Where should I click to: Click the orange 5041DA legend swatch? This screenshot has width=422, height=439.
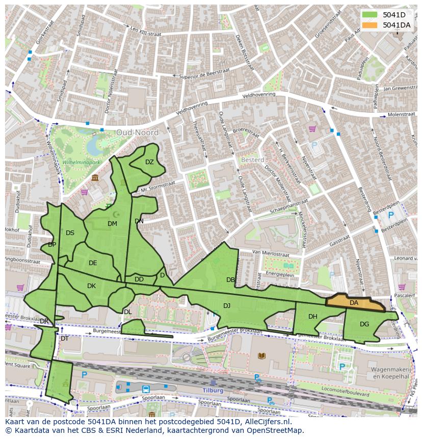click(371, 25)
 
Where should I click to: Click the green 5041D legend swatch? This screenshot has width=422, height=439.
click(371, 15)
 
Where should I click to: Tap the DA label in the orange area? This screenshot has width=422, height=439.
click(354, 302)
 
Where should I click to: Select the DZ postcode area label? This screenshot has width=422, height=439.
click(149, 162)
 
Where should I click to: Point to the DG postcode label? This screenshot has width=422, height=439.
click(364, 324)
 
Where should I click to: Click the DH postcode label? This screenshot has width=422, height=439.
click(313, 316)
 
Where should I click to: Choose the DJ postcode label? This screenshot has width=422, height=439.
click(227, 305)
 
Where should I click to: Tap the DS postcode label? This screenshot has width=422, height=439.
click(70, 233)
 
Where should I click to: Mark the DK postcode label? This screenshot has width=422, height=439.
click(91, 286)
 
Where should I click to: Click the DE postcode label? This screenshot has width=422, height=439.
click(93, 263)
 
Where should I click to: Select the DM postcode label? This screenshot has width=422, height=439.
click(113, 223)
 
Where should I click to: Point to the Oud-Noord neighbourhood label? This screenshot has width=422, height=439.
click(137, 133)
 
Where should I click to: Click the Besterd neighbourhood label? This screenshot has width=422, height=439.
click(252, 160)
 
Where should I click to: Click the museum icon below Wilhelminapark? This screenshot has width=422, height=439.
click(95, 177)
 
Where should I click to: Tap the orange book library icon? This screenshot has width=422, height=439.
click(261, 355)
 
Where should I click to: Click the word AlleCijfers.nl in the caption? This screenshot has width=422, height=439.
click(265, 422)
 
